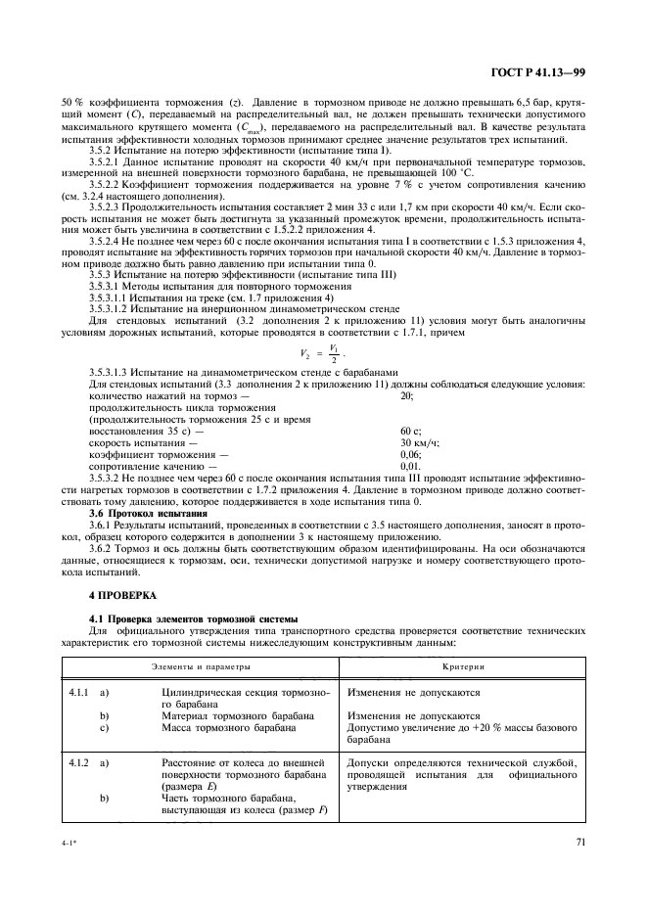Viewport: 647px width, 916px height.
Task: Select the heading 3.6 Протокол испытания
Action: click(148, 513)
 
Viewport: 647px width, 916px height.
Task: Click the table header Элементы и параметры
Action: click(200, 665)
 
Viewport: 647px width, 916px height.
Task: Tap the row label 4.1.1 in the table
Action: click(78, 692)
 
